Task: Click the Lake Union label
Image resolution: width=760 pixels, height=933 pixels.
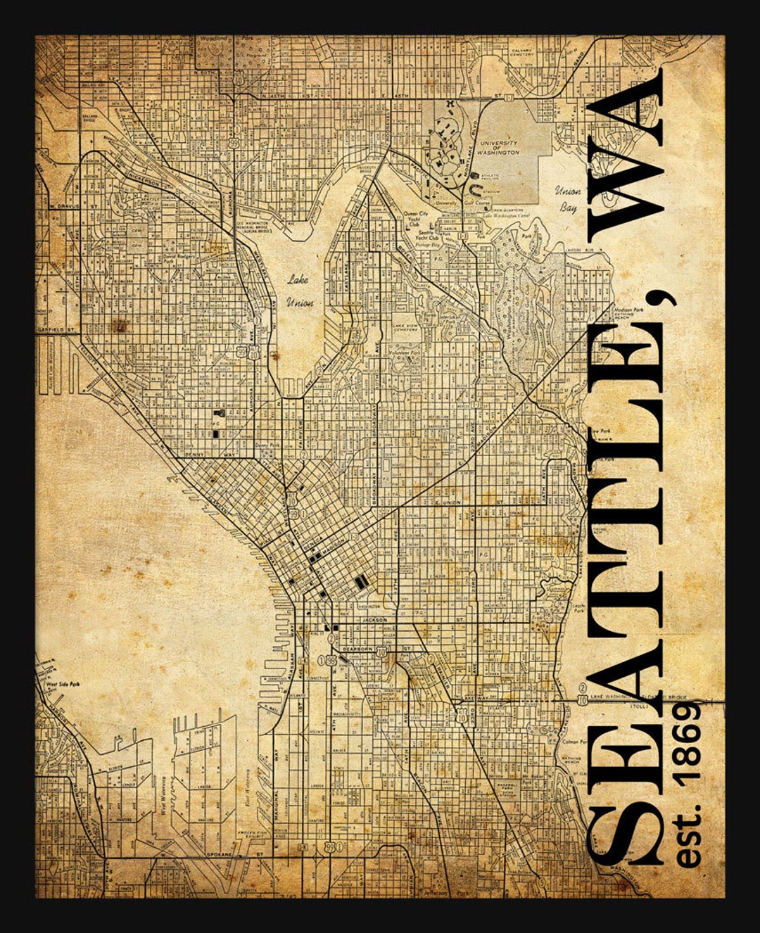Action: pos(298,291)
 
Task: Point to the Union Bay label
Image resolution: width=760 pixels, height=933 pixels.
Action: pos(568,198)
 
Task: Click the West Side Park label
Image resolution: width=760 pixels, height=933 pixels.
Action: pos(61,683)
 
